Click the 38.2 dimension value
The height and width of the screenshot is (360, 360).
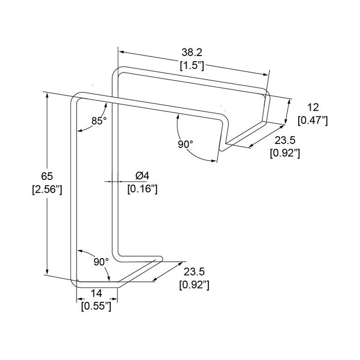(192, 52)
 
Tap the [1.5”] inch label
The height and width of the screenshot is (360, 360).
(192, 66)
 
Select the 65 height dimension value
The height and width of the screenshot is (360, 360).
(47, 176)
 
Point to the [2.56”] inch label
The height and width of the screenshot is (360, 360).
(47, 190)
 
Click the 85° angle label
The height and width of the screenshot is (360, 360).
(99, 121)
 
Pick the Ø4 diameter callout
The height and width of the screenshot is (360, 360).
(142, 176)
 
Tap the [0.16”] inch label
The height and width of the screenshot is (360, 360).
(142, 189)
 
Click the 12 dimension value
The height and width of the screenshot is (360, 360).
(313, 107)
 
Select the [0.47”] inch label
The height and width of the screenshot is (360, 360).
(313, 121)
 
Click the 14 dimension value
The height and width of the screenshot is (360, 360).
(97, 293)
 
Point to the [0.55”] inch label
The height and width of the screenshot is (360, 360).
(96, 307)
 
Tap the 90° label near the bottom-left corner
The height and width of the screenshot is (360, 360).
(101, 262)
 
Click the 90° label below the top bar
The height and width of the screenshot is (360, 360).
(186, 144)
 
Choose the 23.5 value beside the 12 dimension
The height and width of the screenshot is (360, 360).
(285, 140)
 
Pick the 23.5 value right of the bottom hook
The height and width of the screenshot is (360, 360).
(194, 272)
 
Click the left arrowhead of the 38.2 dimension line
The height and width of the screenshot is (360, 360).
(120, 52)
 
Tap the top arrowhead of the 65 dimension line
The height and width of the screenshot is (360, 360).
(47, 95)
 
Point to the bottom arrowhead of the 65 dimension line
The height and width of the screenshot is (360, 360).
(47, 273)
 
